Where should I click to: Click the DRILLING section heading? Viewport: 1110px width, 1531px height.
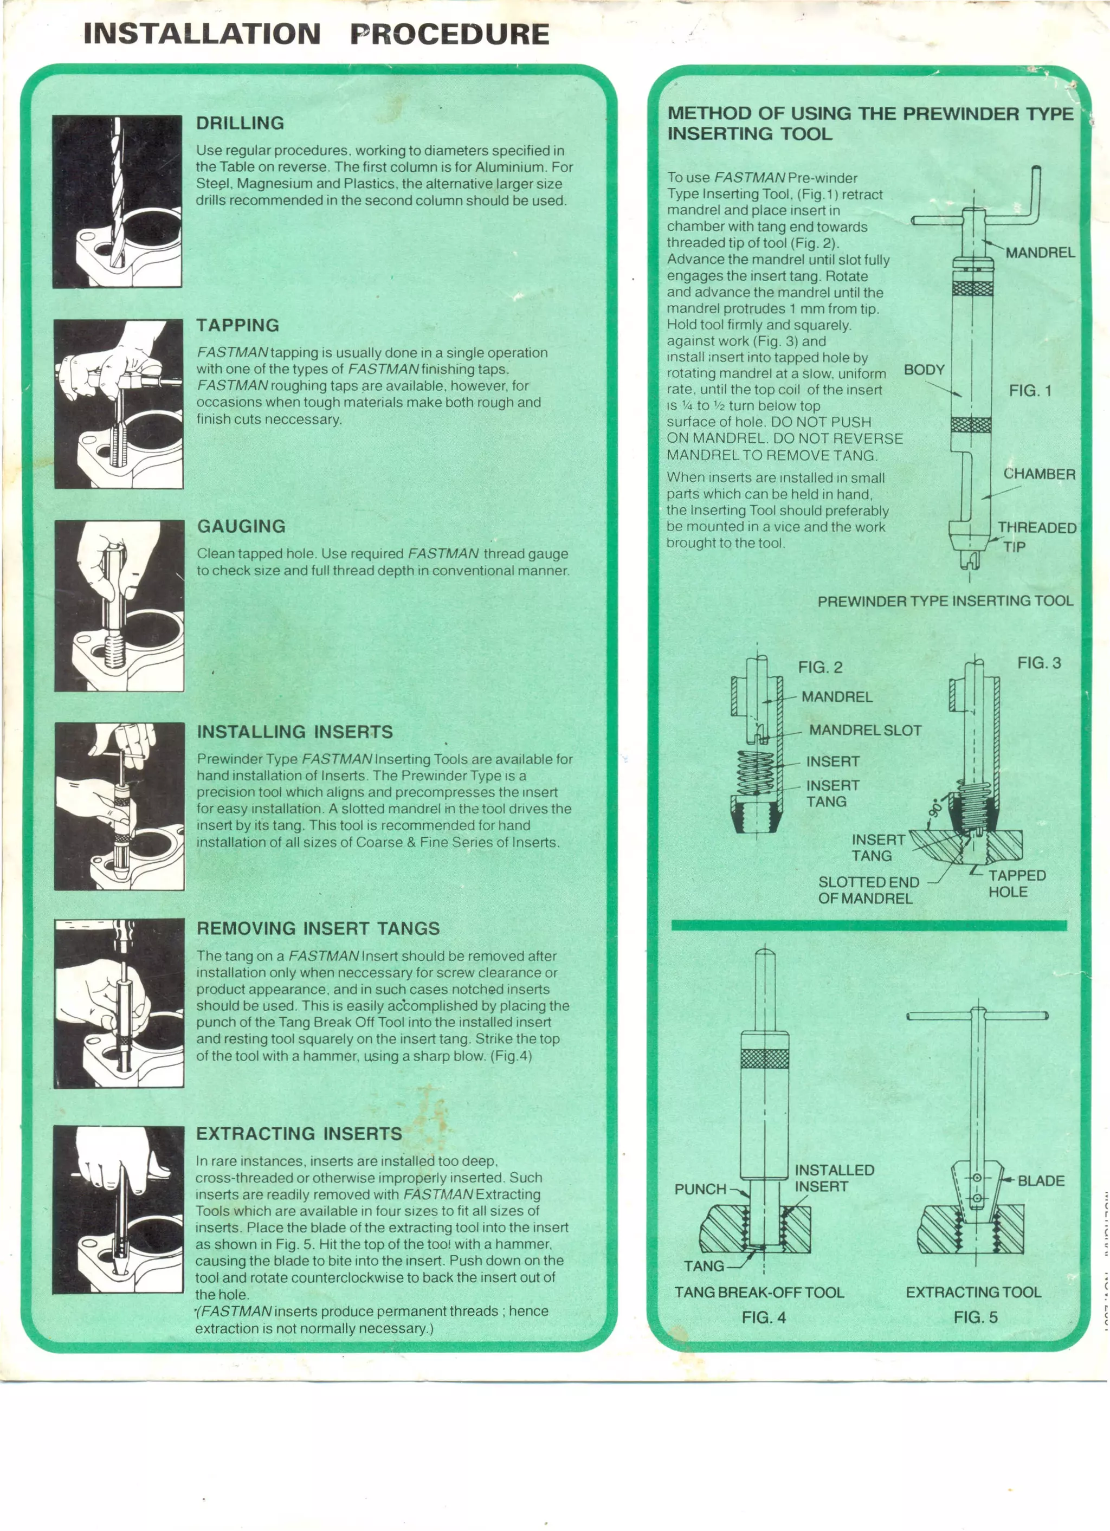tap(240, 124)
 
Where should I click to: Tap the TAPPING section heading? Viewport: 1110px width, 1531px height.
tap(238, 325)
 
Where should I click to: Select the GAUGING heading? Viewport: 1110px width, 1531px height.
tap(241, 527)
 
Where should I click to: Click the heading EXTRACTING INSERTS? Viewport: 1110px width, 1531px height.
tap(299, 1134)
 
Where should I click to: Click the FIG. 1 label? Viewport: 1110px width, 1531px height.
tap(1030, 391)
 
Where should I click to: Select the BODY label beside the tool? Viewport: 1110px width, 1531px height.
tap(924, 370)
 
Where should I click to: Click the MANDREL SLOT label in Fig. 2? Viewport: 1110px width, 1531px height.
tap(865, 731)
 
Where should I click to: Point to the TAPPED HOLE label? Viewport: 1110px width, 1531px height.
tap(1017, 883)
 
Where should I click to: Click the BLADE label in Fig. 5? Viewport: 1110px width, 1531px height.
tap(1041, 1181)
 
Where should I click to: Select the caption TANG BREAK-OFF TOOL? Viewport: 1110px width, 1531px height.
tap(759, 1293)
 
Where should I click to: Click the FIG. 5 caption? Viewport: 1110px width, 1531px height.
tap(975, 1317)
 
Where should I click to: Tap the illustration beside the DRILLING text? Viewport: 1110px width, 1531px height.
tap(118, 201)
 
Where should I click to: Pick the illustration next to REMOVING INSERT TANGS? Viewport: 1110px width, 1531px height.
tap(119, 1003)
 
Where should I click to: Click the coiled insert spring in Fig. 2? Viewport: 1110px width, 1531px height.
tap(756, 773)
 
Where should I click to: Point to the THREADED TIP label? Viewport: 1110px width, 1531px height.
tap(1036, 537)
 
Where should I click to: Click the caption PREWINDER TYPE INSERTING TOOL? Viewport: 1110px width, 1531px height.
tap(945, 602)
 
